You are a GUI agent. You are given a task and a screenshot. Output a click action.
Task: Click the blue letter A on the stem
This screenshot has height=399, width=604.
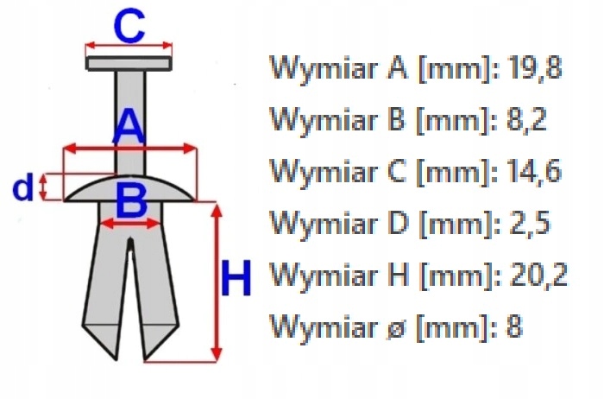point(129,127)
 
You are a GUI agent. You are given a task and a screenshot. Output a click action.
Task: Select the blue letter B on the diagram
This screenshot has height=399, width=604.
point(131,204)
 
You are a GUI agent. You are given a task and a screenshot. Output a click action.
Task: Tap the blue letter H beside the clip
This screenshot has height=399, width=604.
point(236,280)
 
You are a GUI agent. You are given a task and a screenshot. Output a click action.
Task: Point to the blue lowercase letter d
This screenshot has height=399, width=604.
point(25,187)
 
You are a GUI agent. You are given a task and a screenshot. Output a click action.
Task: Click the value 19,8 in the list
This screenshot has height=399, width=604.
point(533,68)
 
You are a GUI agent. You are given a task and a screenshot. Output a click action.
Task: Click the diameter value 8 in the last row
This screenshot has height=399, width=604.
point(515,327)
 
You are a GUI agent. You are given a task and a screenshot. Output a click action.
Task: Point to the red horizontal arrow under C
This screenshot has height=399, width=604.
point(129,47)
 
